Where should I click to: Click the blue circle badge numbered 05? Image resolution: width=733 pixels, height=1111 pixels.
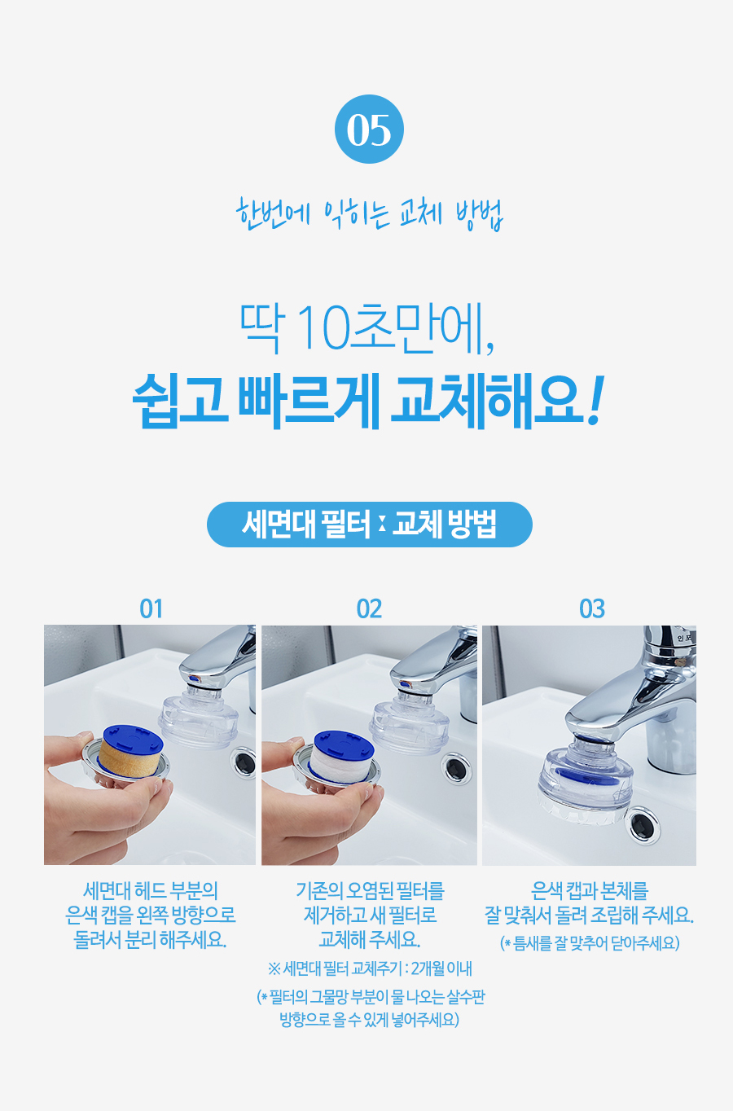coord(369,129)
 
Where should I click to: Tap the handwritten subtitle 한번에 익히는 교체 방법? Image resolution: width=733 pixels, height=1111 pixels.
coord(370,214)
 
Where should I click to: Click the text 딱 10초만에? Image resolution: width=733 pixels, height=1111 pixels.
coord(367,328)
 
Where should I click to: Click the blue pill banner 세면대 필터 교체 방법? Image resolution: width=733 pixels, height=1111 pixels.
coord(370,525)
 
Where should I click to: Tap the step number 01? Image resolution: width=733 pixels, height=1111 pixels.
coord(151,608)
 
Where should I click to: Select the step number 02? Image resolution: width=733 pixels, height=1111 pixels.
coord(369,608)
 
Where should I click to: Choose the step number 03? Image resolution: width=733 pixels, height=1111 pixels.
coord(591,608)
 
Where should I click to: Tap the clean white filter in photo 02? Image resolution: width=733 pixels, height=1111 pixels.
coord(342,755)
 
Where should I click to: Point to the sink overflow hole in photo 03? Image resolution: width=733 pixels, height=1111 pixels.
coord(643,825)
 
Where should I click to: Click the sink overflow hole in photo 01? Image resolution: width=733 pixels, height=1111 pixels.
coord(244,762)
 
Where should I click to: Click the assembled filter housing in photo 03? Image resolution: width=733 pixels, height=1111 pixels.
coord(586,779)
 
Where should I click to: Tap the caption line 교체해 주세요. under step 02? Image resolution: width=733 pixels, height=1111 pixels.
coord(370,938)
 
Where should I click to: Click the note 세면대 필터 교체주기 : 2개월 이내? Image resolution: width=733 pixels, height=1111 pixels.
coord(370,968)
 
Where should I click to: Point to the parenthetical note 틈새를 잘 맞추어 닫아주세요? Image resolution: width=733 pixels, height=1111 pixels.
coord(590,942)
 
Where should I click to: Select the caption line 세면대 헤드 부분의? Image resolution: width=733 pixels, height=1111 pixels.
coord(151,890)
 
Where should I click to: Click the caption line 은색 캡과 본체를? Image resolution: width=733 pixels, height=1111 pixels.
coord(590,890)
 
